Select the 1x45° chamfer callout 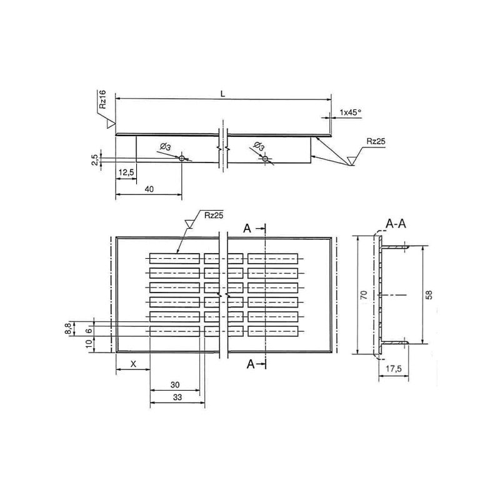(x=351, y=112)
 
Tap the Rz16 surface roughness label (x=102, y=100)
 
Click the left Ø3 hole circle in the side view (x=182, y=159)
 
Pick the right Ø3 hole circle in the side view (x=266, y=159)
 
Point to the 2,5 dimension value (x=94, y=159)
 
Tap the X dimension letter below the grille (x=132, y=364)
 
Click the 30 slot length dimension (x=175, y=385)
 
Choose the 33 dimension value (x=177, y=397)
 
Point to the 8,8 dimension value (x=68, y=328)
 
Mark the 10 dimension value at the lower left (x=89, y=342)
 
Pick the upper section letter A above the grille (x=247, y=229)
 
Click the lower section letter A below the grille (x=250, y=365)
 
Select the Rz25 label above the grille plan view (x=214, y=216)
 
